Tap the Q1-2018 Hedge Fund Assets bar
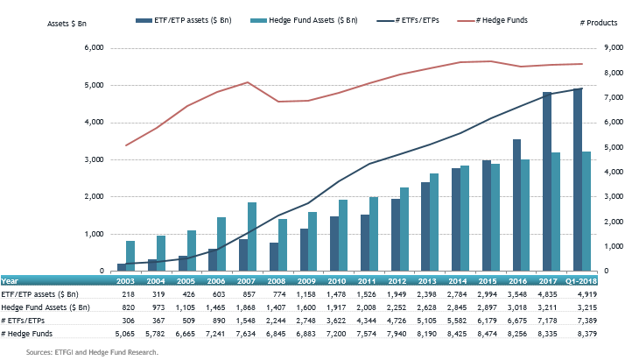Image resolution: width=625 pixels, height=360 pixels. point(586,211)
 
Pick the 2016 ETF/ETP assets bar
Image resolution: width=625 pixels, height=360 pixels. point(516,205)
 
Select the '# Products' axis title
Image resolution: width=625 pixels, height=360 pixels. point(598,20)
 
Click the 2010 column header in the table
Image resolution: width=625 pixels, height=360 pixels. point(337,281)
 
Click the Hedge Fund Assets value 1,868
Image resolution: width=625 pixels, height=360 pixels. point(246,308)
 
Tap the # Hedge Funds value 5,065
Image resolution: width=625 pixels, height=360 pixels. point(123,334)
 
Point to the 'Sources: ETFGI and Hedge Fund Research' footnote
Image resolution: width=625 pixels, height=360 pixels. point(92,351)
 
